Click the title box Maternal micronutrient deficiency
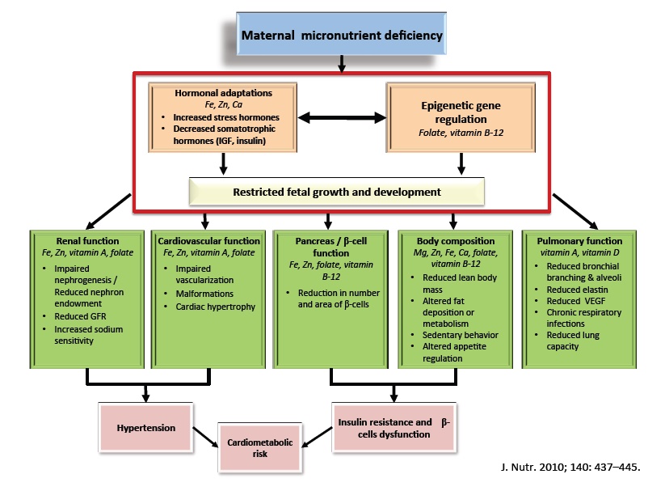(342, 36)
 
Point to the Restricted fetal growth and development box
(336, 193)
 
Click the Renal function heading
(88, 241)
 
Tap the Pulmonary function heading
(573, 241)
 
